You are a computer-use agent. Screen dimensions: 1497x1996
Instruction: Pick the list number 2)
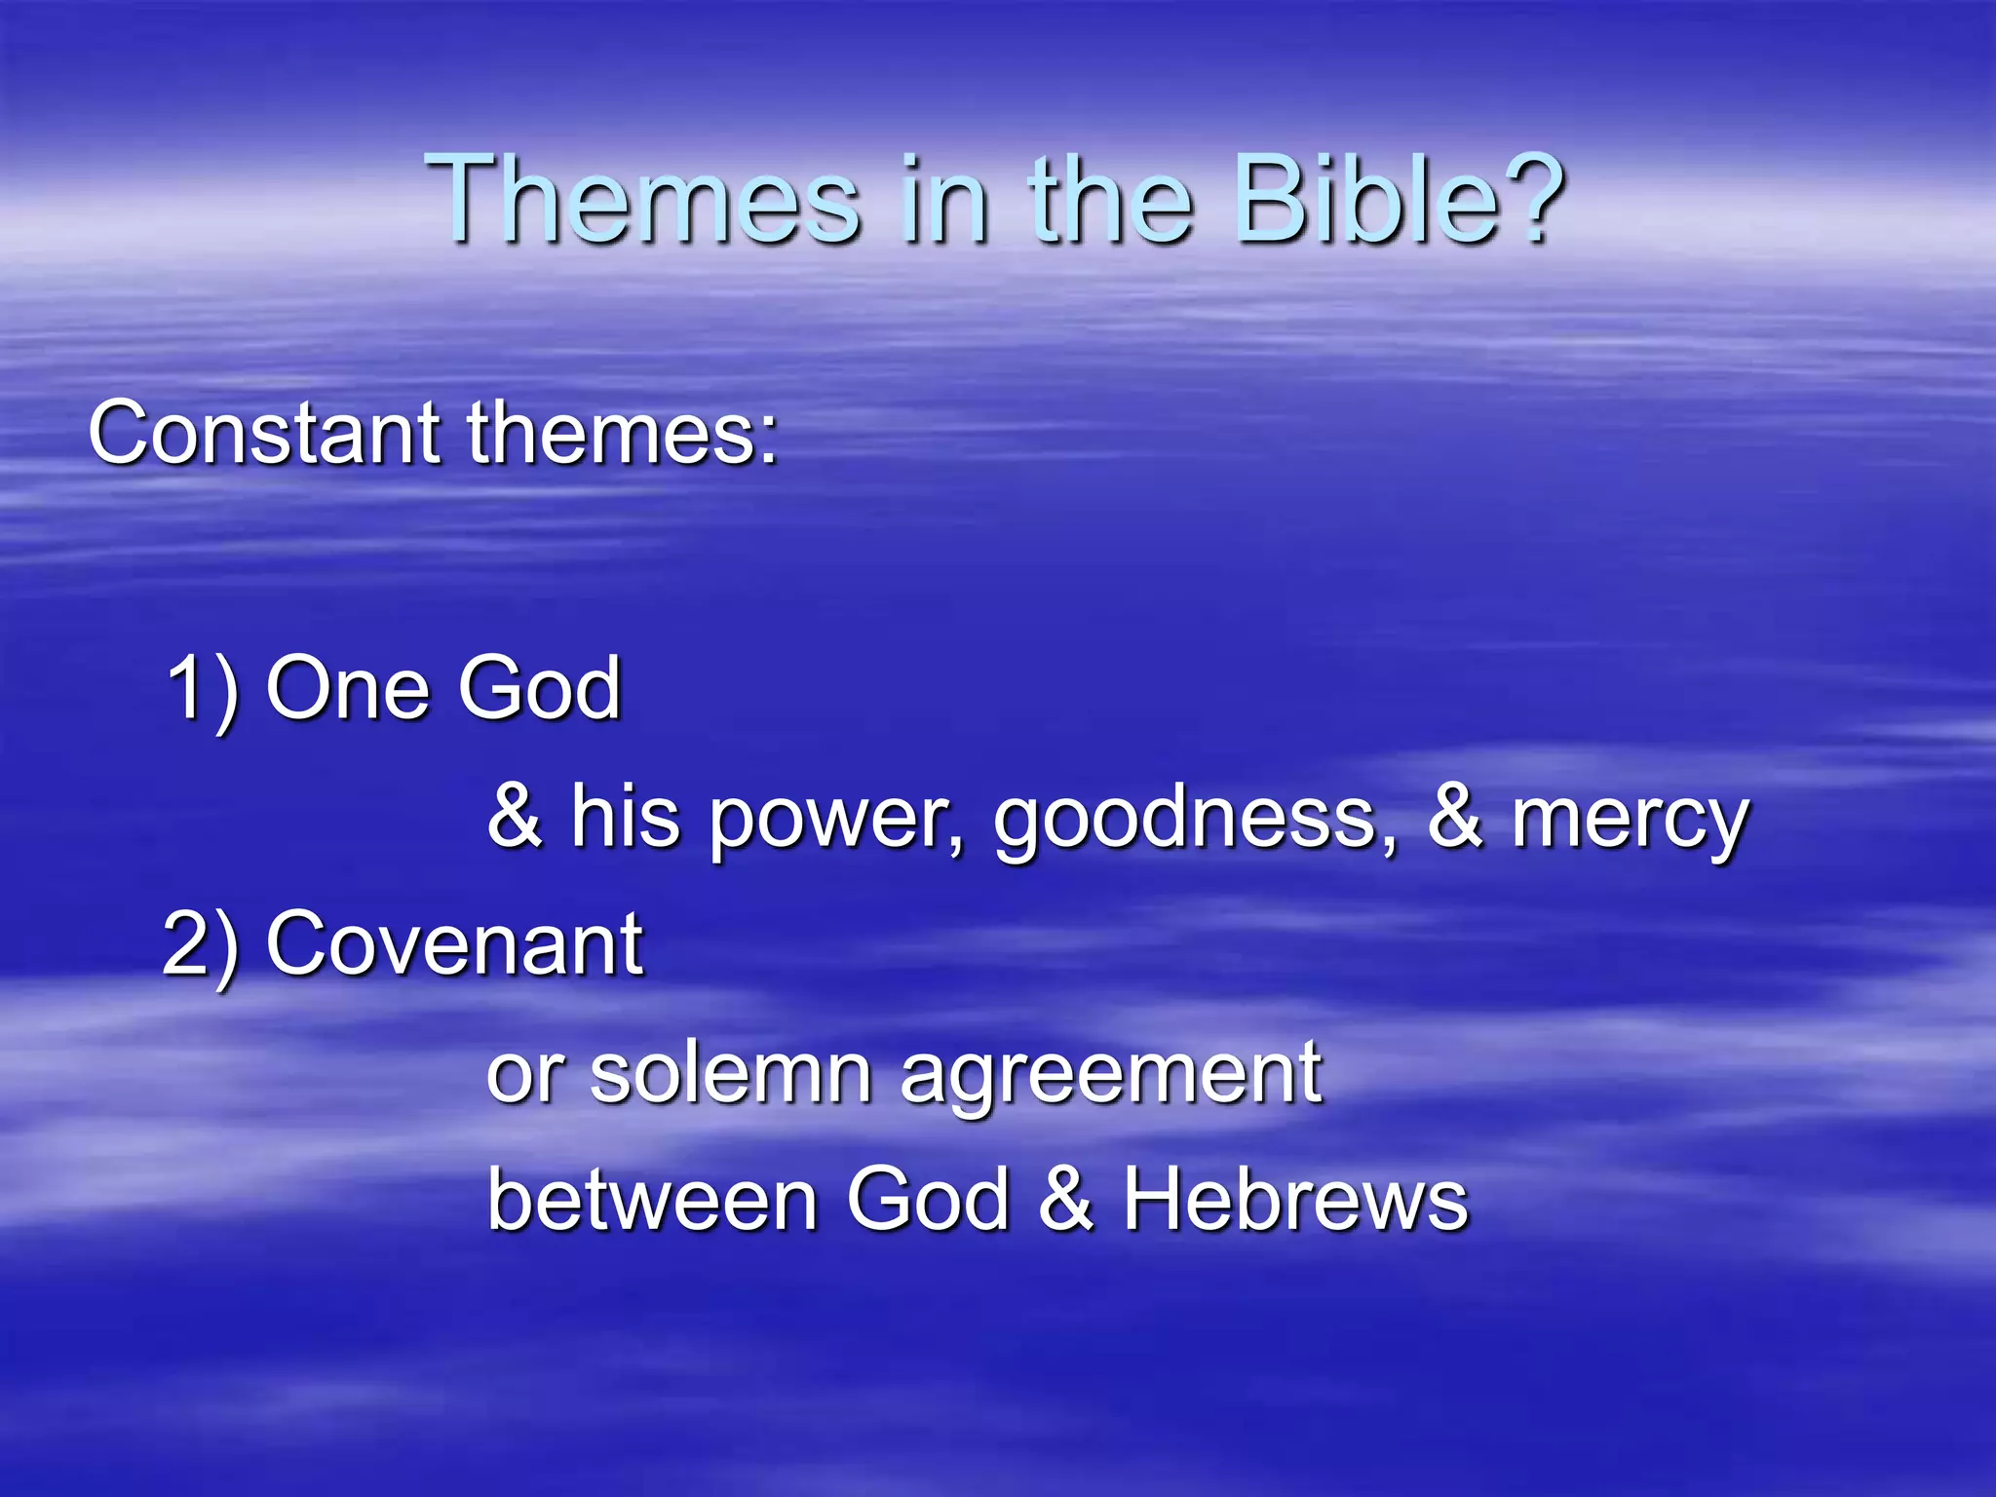[200, 944]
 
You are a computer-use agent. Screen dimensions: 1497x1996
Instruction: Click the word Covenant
[454, 942]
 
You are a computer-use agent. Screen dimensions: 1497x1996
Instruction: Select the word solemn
[731, 1072]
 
